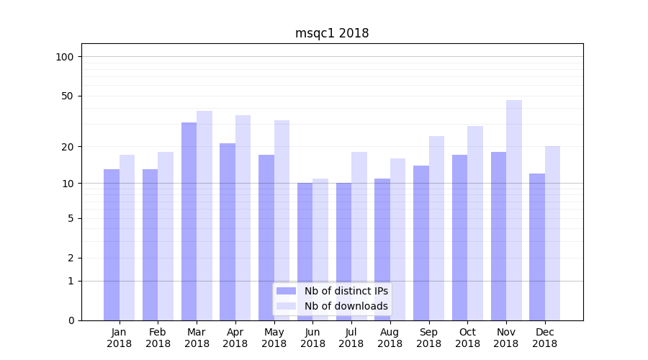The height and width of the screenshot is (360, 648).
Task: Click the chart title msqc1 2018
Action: [332, 33]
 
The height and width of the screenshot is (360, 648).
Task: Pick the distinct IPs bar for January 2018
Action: [112, 245]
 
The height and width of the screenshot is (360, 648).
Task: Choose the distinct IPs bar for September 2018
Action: [421, 243]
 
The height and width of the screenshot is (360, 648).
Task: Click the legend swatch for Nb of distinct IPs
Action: [286, 291]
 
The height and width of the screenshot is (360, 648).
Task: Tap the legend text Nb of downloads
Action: [346, 306]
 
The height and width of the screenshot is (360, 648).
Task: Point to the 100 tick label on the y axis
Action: [65, 57]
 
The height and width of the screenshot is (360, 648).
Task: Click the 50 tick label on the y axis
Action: [68, 96]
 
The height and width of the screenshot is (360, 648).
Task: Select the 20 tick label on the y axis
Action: [68, 147]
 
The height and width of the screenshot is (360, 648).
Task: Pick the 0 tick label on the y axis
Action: [71, 320]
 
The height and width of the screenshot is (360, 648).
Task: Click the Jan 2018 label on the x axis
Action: [120, 338]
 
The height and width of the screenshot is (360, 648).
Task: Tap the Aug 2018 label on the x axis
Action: [390, 338]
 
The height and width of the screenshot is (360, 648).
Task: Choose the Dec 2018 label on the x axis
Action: [544, 338]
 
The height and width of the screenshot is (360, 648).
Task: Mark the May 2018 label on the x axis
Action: [274, 338]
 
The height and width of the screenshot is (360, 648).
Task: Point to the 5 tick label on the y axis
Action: [71, 218]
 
